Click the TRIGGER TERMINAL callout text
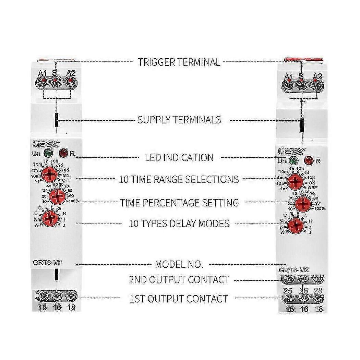tap(179, 62)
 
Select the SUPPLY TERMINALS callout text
tap(179, 120)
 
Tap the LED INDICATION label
tap(179, 158)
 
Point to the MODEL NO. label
tap(179, 264)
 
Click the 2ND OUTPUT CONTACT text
tap(179, 280)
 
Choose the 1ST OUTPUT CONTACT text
tap(178, 299)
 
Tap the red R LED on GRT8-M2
tap(308, 160)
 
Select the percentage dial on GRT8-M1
tap(57, 196)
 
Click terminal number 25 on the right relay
tap(288, 291)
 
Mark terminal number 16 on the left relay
tap(57, 308)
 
